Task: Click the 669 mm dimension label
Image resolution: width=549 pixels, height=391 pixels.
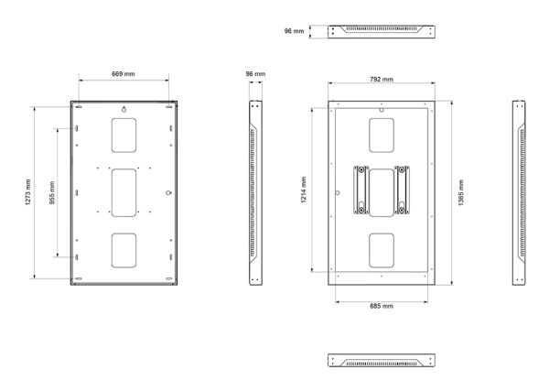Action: (x=124, y=74)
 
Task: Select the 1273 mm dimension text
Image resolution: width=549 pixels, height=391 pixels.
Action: (x=28, y=192)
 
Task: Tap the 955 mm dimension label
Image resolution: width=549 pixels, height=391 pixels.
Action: (x=52, y=192)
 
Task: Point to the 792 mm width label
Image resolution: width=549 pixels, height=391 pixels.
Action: (x=382, y=79)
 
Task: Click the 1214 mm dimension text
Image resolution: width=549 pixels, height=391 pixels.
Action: (x=304, y=190)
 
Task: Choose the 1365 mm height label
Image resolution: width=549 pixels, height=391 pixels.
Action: (x=461, y=192)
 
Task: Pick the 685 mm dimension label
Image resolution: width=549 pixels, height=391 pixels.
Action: (x=382, y=306)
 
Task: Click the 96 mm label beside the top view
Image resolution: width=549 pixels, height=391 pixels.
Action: (x=294, y=31)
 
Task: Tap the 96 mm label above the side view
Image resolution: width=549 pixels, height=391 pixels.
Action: (x=255, y=74)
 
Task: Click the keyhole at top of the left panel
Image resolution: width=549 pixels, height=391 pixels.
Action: (x=124, y=109)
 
